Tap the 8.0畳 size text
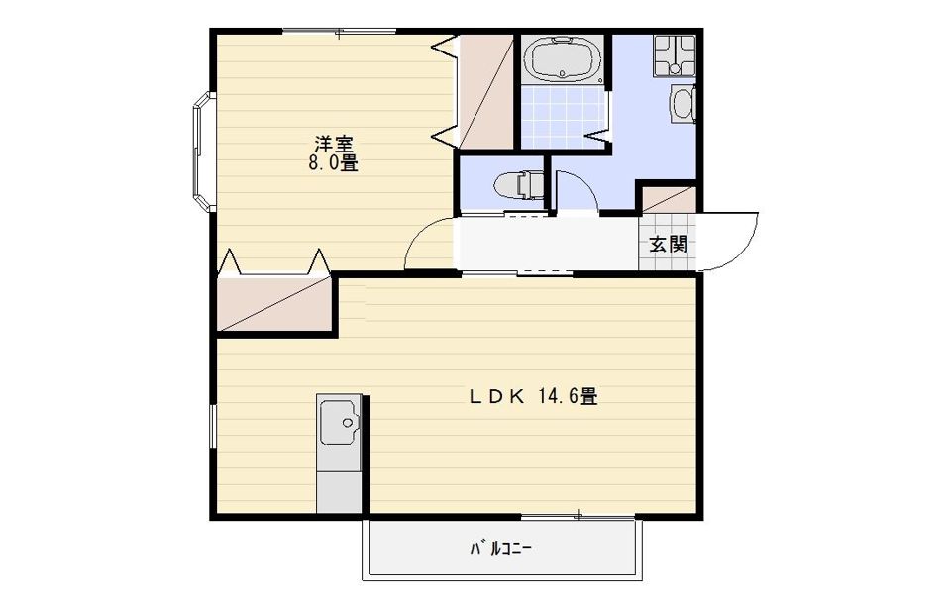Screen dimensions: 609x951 pos(333,163)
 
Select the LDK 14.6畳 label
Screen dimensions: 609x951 pos(532,397)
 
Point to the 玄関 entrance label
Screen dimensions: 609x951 pos(668,244)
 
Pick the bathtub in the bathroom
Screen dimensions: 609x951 pos(562,59)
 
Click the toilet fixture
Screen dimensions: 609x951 pos(518,185)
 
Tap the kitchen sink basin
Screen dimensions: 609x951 pos(339,424)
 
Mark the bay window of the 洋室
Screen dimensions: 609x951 pos(201,151)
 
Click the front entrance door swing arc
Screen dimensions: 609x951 pos(731,243)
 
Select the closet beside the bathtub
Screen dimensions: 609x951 pos(486,90)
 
